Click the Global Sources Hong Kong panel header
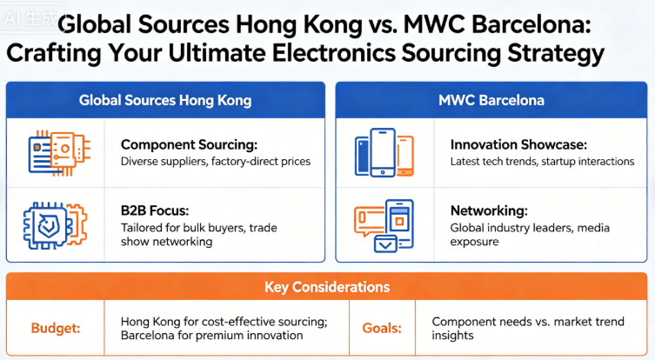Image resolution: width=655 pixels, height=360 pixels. click(164, 100)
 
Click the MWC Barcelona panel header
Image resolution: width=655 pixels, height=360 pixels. click(491, 100)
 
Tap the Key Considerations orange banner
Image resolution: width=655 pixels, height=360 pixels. click(327, 286)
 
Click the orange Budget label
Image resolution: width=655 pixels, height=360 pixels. click(54, 328)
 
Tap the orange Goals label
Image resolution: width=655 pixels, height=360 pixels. click(382, 328)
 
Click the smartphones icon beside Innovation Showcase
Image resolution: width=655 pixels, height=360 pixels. click(384, 152)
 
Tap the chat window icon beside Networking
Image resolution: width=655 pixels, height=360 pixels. click(384, 225)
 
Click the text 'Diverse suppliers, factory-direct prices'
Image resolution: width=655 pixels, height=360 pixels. click(216, 162)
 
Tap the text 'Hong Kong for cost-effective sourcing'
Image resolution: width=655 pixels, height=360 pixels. click(224, 321)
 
